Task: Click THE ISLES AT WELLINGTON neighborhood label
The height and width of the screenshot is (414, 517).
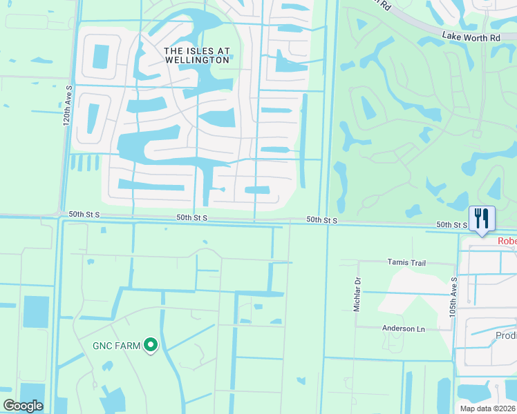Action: click(196, 55)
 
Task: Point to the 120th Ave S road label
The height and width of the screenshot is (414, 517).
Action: click(67, 110)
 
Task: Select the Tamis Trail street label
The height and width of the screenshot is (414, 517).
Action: click(406, 263)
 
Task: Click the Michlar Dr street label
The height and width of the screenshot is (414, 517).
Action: click(357, 295)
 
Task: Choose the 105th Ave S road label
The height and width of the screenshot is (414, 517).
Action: click(454, 295)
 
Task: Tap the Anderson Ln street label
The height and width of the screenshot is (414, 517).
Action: click(404, 328)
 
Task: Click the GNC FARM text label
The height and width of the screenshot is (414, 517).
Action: click(117, 345)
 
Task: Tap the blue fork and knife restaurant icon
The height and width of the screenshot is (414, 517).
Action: click(482, 218)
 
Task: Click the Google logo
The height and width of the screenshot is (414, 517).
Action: click(22, 406)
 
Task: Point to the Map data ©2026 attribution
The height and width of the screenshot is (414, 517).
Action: click(488, 408)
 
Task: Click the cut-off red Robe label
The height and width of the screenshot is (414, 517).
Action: click(507, 241)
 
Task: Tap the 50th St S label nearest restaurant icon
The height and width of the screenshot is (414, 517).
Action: click(451, 225)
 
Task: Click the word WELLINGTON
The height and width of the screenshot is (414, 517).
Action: click(196, 60)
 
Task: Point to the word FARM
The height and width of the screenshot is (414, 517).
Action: click(129, 345)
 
